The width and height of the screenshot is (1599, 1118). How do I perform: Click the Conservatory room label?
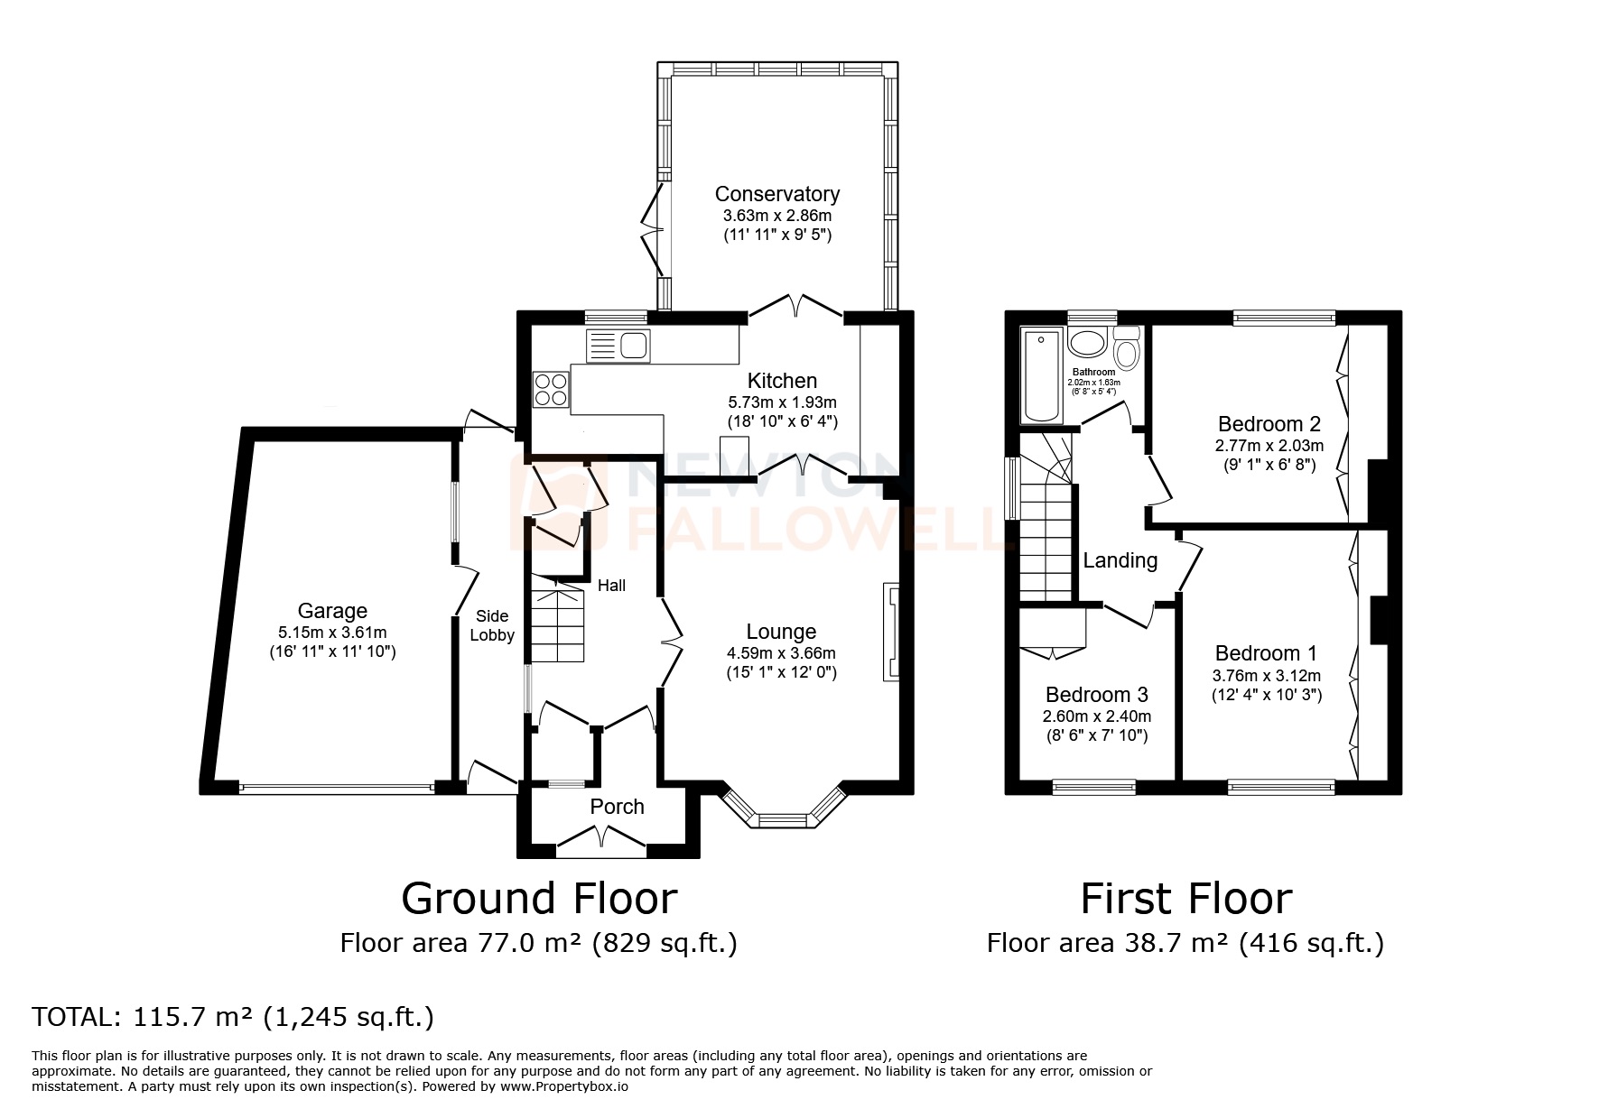[776, 194]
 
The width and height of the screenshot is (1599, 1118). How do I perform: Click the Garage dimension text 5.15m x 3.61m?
[332, 632]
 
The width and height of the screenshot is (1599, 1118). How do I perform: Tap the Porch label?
[617, 806]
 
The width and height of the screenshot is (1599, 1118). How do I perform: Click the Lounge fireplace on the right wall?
[892, 631]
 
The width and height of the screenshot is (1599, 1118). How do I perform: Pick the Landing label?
[1120, 560]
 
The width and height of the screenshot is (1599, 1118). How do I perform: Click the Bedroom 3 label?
[1096, 695]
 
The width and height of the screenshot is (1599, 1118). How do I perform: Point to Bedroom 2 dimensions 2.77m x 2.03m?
[1269, 446]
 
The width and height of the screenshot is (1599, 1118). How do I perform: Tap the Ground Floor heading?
[539, 898]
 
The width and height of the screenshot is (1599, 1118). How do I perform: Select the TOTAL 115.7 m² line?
[233, 1017]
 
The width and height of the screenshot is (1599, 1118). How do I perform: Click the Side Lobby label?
[492, 625]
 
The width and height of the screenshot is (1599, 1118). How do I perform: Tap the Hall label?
[611, 586]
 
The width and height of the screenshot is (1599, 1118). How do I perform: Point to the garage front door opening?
[336, 788]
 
